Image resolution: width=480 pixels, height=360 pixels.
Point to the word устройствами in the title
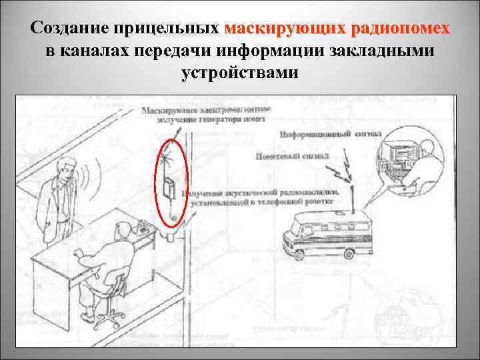coord(239,73)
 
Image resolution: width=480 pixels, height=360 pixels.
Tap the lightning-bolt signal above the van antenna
coord(347,172)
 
